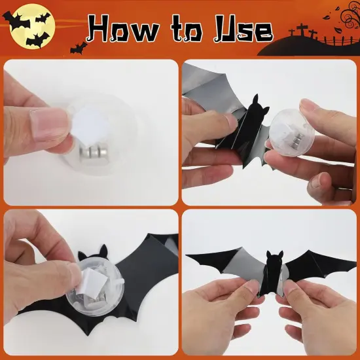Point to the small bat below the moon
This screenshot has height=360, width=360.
coord(79,47)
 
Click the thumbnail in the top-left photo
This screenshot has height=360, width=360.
coord(50,124)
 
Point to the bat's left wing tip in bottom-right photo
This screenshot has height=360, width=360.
coord(190,257)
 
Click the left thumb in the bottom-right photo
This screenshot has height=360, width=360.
coord(245,288)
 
